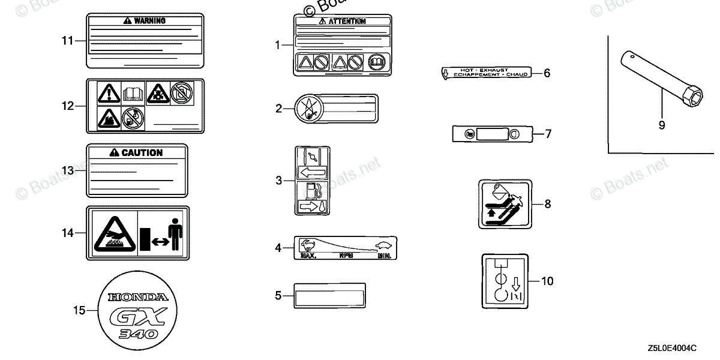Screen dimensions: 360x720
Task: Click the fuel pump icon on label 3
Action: coord(311,190)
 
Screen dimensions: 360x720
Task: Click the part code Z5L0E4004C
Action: coord(671,349)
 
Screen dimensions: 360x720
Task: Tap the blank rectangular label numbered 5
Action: coord(329,295)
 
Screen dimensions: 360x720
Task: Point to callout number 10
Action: coord(548,280)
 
